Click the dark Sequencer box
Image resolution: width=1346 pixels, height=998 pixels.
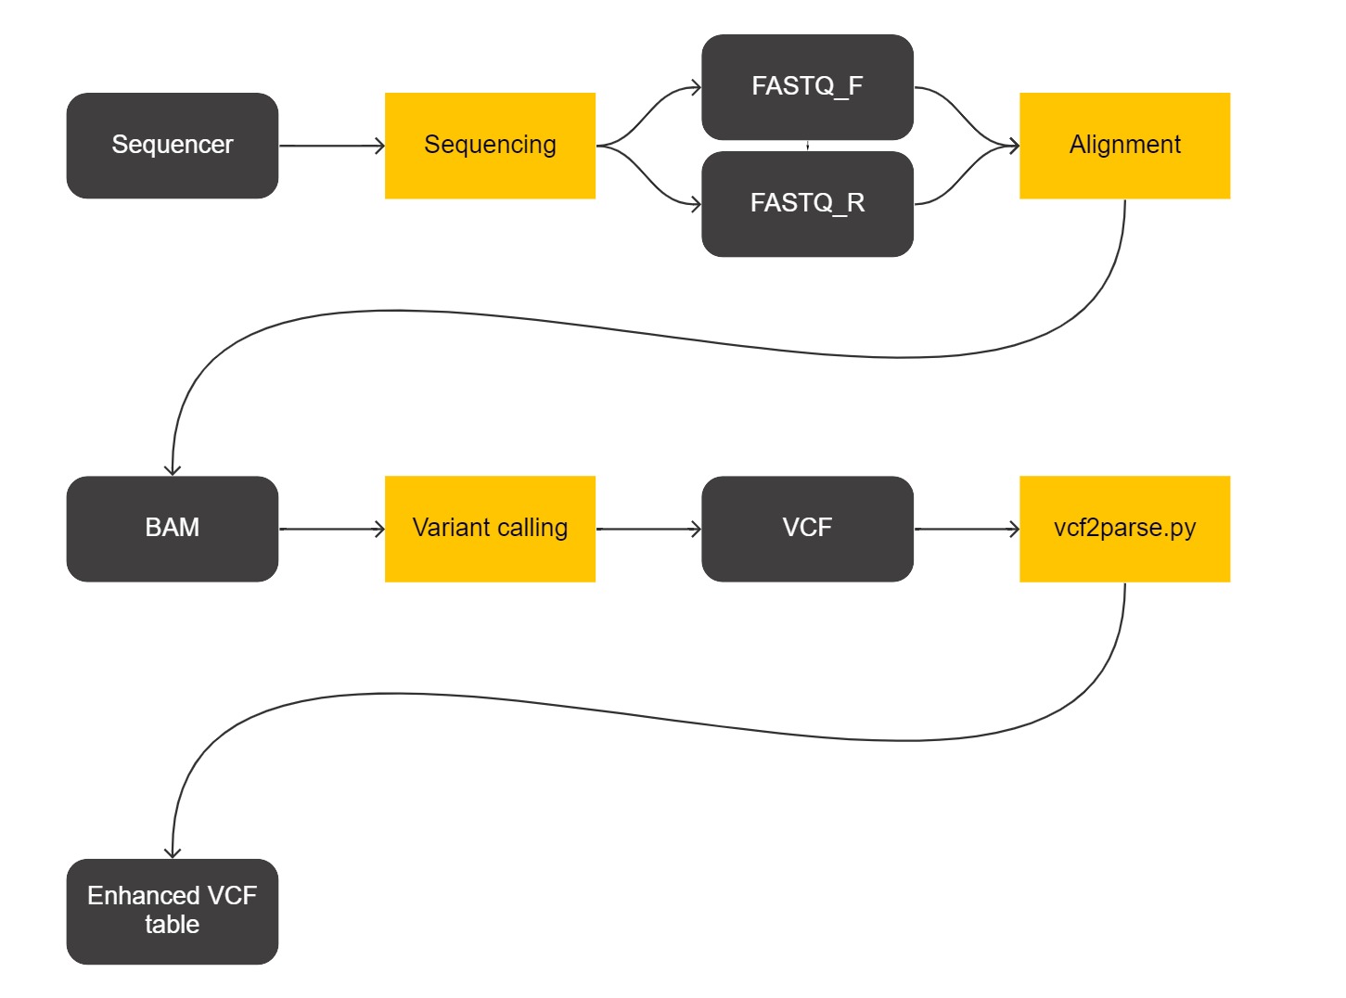(x=172, y=146)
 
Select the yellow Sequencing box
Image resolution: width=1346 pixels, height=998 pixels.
(x=490, y=146)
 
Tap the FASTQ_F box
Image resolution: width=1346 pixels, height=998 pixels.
(x=807, y=87)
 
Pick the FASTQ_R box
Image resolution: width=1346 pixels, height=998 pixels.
(x=807, y=204)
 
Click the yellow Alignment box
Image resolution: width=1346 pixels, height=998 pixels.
(x=1124, y=146)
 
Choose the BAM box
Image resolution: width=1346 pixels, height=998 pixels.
(x=172, y=529)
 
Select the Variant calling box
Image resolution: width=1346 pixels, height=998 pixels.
(x=490, y=529)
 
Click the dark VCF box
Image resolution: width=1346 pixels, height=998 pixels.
(x=807, y=529)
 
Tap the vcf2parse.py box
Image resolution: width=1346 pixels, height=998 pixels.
(x=1124, y=529)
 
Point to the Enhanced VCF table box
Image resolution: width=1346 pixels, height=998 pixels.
(x=172, y=911)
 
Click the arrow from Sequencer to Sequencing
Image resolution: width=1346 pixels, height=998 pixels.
(x=331, y=146)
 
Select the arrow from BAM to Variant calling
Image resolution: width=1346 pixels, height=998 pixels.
(x=331, y=529)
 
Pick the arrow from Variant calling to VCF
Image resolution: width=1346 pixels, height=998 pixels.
(x=648, y=529)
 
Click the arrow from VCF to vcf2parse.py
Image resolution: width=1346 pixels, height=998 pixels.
(x=967, y=529)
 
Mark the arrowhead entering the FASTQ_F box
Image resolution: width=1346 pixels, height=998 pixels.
(x=696, y=88)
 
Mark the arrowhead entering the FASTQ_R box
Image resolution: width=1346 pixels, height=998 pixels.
(x=696, y=204)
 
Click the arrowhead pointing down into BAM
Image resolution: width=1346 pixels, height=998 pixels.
(x=173, y=470)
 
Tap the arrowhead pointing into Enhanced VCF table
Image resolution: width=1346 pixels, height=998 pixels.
(x=173, y=853)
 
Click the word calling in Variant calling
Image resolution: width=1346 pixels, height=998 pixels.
(x=532, y=529)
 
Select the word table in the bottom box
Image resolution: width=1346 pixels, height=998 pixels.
(x=172, y=925)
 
